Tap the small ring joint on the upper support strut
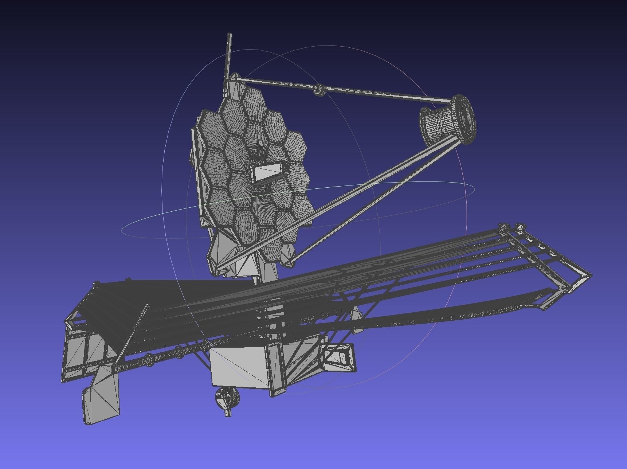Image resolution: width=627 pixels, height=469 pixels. pyautogui.click(x=319, y=90)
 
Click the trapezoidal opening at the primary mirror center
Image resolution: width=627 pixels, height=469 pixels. pyautogui.click(x=267, y=173)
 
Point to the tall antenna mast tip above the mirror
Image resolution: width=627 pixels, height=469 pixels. pyautogui.click(x=230, y=35)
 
